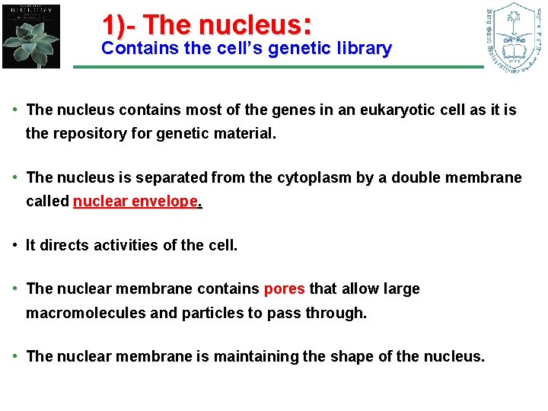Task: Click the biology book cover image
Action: tap(30, 36)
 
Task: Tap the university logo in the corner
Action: tap(515, 36)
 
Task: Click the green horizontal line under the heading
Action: tap(278, 67)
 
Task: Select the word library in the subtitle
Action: tap(362, 49)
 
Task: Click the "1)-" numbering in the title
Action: tap(119, 24)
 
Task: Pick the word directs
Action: tap(62, 246)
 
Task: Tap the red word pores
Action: tap(284, 289)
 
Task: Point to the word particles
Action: tap(211, 313)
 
